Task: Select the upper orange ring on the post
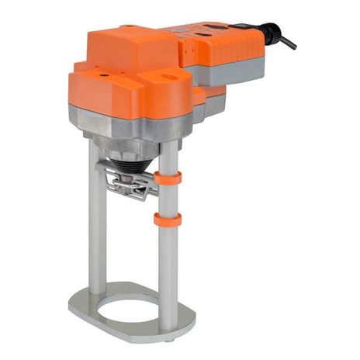click(x=168, y=178)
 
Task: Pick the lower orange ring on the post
click(x=167, y=220)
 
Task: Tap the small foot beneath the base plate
click(x=170, y=339)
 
